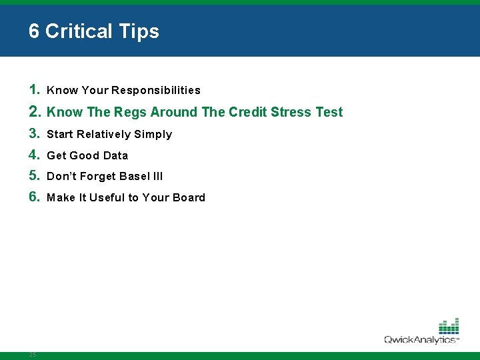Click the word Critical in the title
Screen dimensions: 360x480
coord(86,31)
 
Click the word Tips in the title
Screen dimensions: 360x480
coord(141,31)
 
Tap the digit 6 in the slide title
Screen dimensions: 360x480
coord(34,31)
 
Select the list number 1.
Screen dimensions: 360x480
coord(35,89)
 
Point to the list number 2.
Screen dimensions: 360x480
coord(35,111)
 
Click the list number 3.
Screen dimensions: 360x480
coord(35,133)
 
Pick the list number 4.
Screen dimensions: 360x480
coord(35,155)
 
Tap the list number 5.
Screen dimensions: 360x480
coord(35,176)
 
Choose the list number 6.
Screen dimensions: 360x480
coord(35,197)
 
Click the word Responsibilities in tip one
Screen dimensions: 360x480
coord(156,90)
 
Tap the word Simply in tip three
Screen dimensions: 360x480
coord(153,135)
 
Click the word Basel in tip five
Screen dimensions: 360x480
coord(136,177)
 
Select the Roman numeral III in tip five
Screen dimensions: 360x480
coord(158,177)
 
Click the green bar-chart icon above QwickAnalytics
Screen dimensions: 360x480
coord(449,326)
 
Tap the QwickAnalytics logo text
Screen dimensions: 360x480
coord(420,340)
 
